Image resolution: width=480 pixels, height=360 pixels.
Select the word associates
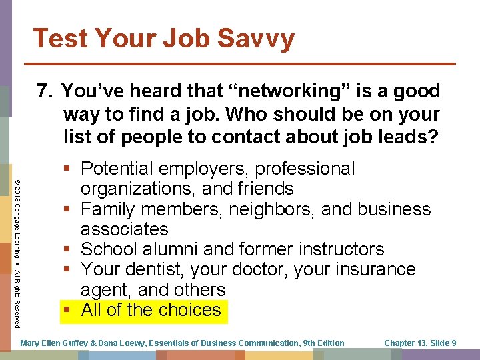point(125,229)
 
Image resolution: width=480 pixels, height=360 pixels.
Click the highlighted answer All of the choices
point(151,310)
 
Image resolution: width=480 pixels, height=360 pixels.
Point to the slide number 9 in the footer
point(453,343)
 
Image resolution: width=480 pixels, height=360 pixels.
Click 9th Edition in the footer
point(323,343)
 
